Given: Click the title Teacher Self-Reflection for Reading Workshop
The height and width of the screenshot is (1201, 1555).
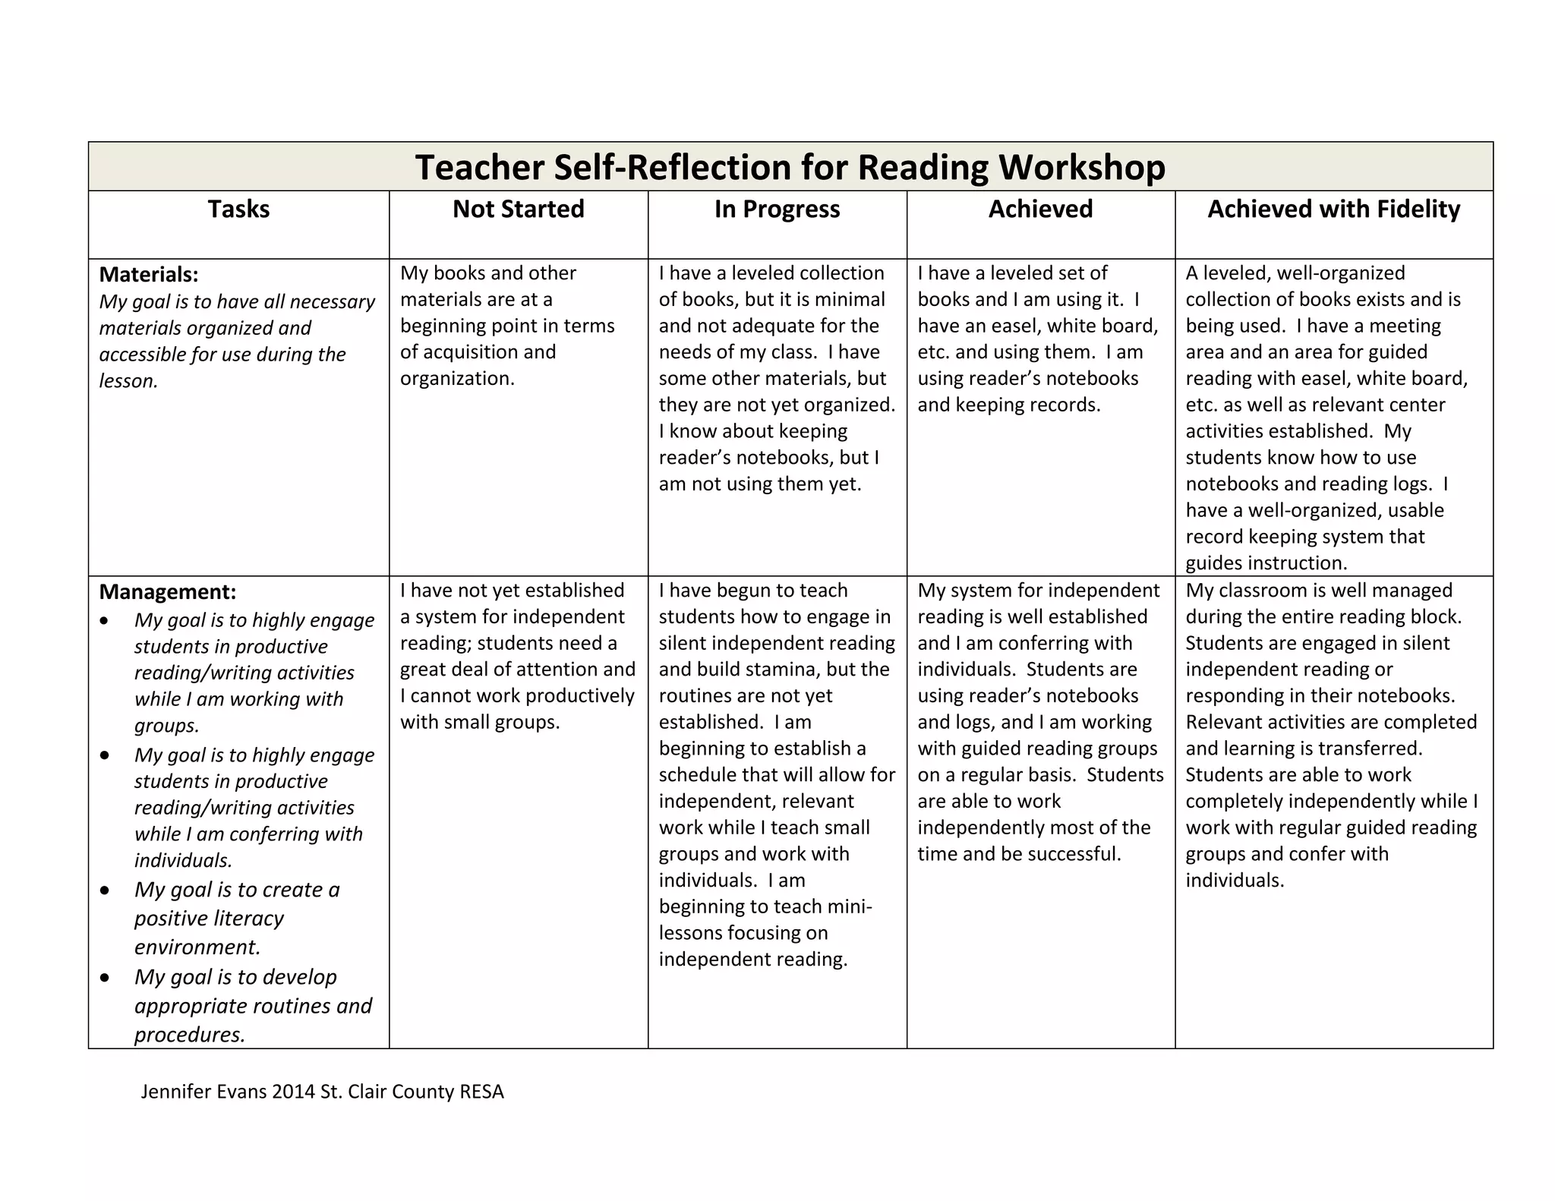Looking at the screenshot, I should pyautogui.click(x=790, y=167).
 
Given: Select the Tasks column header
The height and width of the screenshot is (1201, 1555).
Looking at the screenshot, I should pyautogui.click(x=238, y=209).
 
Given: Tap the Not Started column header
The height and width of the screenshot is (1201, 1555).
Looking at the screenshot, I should pyautogui.click(x=519, y=209).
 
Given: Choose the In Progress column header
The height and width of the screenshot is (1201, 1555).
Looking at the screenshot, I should pyautogui.click(x=777, y=209).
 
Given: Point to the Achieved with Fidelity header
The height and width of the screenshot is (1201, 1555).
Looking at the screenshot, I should pyautogui.click(x=1333, y=209).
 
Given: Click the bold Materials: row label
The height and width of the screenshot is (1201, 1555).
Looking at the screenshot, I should pyautogui.click(x=149, y=274).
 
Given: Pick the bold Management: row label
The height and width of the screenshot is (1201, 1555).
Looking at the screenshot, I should pyautogui.click(x=168, y=591).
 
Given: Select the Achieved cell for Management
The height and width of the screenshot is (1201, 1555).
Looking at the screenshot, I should pyautogui.click(x=1039, y=722).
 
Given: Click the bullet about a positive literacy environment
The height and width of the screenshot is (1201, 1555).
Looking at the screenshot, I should pyautogui.click(x=236, y=918).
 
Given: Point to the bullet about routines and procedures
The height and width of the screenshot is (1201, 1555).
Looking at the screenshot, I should pyautogui.click(x=253, y=1005).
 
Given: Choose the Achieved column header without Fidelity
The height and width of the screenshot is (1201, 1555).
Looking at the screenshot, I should pyautogui.click(x=1040, y=209).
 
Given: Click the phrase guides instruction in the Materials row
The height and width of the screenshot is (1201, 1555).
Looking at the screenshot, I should pyautogui.click(x=1266, y=563).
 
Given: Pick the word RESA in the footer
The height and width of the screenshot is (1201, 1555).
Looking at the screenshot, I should pyautogui.click(x=481, y=1092).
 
